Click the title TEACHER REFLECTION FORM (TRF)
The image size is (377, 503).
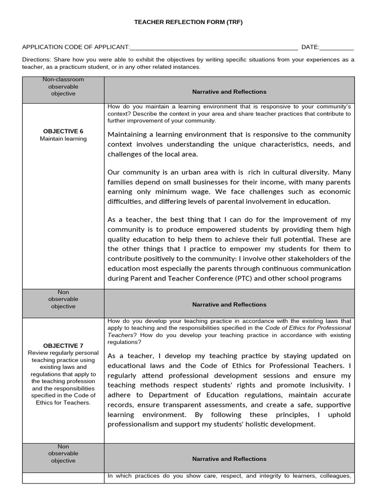click(x=188, y=22)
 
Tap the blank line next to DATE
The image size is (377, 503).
click(x=337, y=48)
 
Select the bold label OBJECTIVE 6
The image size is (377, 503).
click(x=63, y=131)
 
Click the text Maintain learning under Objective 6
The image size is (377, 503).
click(x=63, y=139)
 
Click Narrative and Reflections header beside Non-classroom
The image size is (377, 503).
click(x=229, y=92)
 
